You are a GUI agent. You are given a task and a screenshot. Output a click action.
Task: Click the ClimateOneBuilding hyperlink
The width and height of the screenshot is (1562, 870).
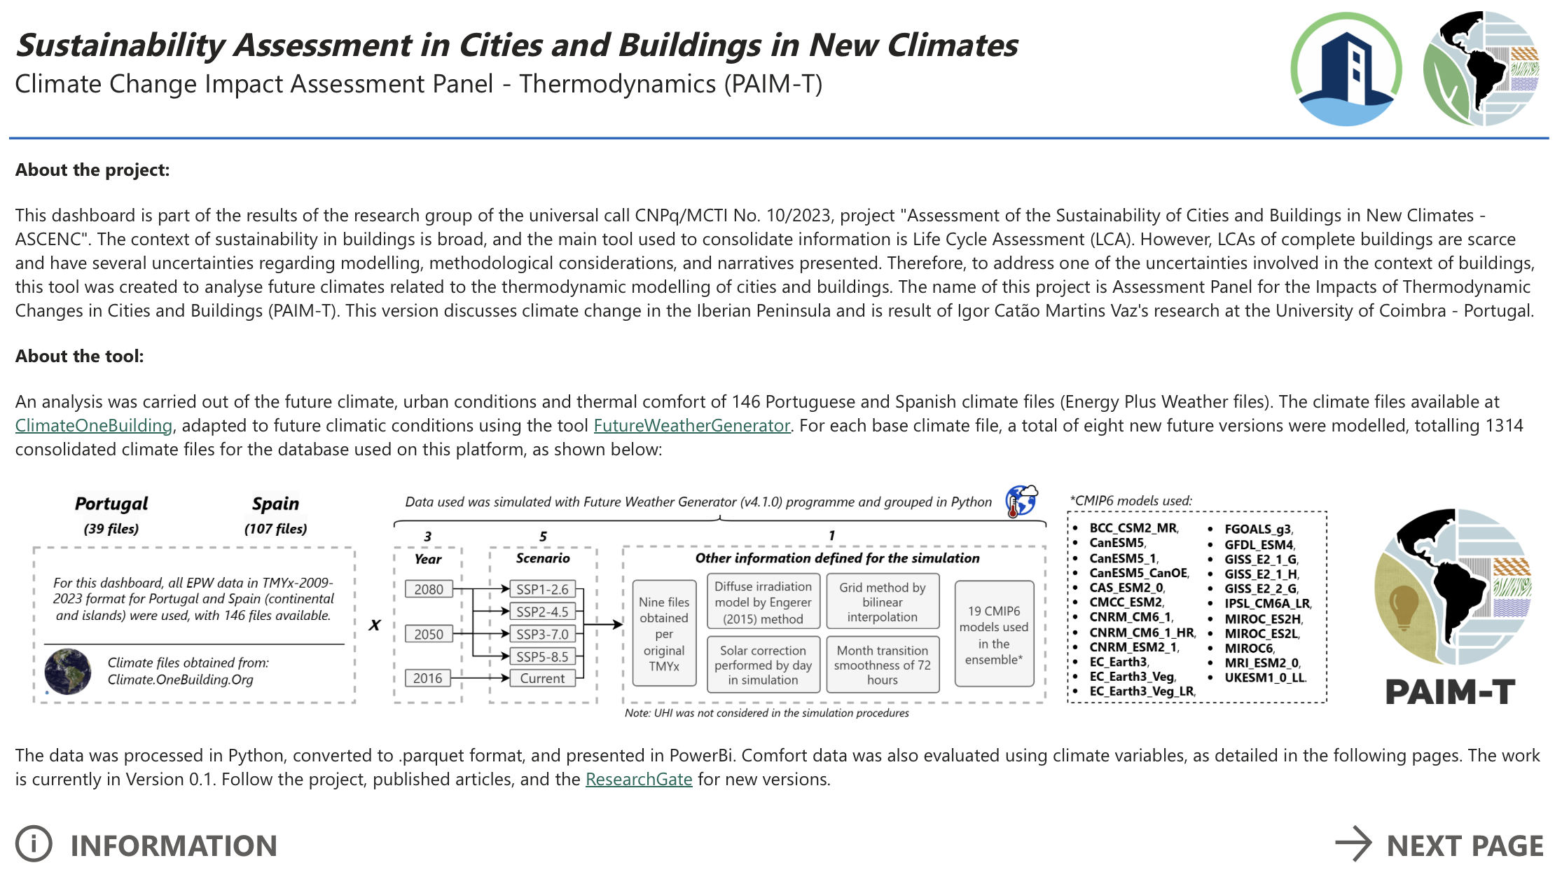(x=94, y=426)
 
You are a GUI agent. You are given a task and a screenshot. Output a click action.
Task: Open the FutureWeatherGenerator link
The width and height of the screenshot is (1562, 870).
(x=691, y=426)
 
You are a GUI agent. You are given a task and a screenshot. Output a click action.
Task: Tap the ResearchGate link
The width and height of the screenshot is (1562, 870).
(x=638, y=780)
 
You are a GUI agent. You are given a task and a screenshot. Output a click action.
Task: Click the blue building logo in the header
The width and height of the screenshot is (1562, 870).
(x=1346, y=69)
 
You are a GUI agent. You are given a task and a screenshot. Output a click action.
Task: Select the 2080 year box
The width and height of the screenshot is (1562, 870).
(x=429, y=589)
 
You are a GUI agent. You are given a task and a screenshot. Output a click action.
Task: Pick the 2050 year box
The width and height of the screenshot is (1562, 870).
(x=429, y=634)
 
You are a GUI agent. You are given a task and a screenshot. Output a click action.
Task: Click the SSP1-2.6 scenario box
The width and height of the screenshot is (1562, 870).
(x=542, y=589)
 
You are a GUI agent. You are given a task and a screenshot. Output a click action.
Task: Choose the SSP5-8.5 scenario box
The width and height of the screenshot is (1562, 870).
(x=542, y=656)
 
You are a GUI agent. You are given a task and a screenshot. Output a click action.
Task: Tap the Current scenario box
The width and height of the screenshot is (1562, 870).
(x=542, y=678)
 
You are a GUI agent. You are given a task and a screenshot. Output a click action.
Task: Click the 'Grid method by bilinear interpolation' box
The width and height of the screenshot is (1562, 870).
(x=882, y=602)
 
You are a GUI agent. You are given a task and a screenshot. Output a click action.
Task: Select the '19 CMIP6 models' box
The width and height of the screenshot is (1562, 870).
(x=993, y=635)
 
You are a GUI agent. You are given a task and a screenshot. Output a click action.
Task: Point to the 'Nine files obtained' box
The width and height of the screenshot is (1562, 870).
(x=663, y=634)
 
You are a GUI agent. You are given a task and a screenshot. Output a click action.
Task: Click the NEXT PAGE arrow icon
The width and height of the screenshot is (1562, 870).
(x=1353, y=844)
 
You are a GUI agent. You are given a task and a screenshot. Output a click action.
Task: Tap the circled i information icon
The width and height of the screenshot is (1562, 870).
(x=34, y=844)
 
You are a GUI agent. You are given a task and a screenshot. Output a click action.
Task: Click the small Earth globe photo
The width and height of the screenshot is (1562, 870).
(x=68, y=671)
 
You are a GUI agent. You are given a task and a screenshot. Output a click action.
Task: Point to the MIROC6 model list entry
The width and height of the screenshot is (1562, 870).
(x=1248, y=649)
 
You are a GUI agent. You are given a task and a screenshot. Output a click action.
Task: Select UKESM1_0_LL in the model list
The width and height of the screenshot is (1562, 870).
(x=1264, y=678)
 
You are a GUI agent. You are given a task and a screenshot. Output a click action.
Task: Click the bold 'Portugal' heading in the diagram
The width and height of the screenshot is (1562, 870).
(x=111, y=504)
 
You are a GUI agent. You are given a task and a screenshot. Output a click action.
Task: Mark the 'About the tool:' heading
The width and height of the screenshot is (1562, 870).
(x=80, y=357)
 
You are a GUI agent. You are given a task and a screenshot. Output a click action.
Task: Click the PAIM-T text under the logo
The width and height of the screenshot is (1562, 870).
(x=1450, y=693)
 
